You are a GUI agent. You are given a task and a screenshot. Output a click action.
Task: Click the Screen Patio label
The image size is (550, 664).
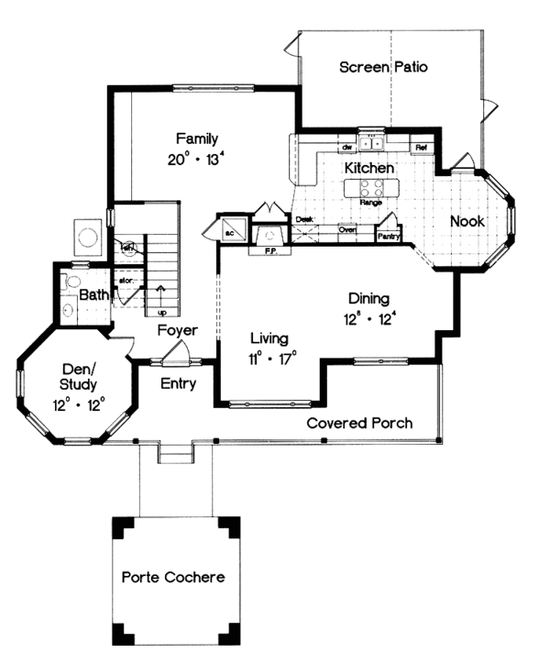tap(384, 67)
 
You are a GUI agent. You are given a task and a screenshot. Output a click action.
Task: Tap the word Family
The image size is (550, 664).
tap(197, 139)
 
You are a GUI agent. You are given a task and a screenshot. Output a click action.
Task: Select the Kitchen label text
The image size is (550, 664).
tap(369, 169)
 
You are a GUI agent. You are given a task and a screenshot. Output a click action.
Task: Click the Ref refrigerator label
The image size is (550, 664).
tap(422, 147)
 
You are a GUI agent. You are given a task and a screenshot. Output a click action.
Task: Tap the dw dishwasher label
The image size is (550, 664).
tap(347, 147)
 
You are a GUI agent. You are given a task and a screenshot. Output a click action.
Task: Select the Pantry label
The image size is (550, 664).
tap(388, 236)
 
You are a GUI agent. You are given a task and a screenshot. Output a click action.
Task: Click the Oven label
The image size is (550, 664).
tap(347, 230)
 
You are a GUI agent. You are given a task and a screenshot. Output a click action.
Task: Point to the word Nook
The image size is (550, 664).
tap(467, 221)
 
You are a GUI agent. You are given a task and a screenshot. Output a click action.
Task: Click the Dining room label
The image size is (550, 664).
tap(369, 298)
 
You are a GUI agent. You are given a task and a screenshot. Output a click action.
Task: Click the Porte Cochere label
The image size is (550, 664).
tap(173, 578)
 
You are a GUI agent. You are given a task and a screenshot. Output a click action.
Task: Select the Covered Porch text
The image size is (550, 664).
tap(358, 423)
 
